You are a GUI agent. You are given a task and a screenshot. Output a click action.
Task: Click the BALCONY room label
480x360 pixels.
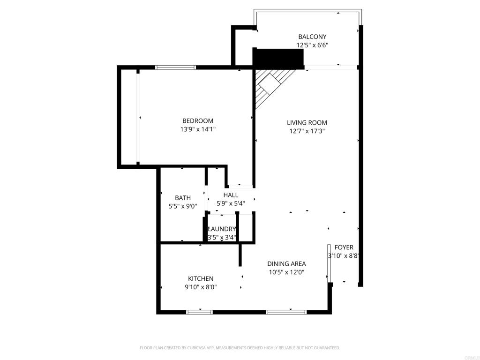pyautogui.click(x=312, y=37)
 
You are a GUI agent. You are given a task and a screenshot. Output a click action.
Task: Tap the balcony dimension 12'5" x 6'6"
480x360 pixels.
pyautogui.click(x=312, y=45)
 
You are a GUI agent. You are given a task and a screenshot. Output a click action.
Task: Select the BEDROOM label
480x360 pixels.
pyautogui.click(x=197, y=120)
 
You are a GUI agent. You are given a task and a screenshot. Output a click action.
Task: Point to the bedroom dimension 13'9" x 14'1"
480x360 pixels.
pyautogui.click(x=197, y=129)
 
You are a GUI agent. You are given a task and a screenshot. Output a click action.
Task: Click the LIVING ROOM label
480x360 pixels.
pyautogui.click(x=307, y=123)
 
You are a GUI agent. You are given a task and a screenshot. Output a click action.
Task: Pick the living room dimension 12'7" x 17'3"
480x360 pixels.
pyautogui.click(x=307, y=131)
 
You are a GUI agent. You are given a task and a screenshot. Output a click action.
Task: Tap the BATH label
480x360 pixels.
pyautogui.click(x=182, y=198)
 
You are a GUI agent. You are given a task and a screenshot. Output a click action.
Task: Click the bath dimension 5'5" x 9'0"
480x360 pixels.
pyautogui.click(x=182, y=206)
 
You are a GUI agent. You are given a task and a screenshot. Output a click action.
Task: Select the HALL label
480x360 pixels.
pyautogui.click(x=231, y=195)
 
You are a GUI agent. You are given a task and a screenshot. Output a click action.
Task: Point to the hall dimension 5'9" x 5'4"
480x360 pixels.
pyautogui.click(x=231, y=203)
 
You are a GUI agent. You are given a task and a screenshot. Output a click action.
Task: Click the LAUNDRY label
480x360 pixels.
pyautogui.click(x=222, y=229)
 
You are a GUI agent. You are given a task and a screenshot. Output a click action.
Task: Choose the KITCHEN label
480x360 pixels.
pyautogui.click(x=201, y=278)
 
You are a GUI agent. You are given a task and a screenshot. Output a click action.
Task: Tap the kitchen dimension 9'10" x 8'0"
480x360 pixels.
pyautogui.click(x=201, y=287)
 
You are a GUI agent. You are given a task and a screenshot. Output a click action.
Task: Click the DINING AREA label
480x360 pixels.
pyautogui.click(x=286, y=263)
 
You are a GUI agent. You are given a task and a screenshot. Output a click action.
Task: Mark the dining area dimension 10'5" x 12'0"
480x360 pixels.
pyautogui.click(x=286, y=272)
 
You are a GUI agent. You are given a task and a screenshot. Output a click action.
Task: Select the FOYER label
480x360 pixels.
pyautogui.click(x=344, y=247)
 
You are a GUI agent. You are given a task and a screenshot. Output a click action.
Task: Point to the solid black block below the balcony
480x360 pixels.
pyautogui.click(x=278, y=59)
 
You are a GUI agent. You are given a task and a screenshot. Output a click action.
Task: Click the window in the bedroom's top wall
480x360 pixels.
pyautogui.click(x=175, y=67)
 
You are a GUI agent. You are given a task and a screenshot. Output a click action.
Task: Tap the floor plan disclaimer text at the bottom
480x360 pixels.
pyautogui.click(x=240, y=348)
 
